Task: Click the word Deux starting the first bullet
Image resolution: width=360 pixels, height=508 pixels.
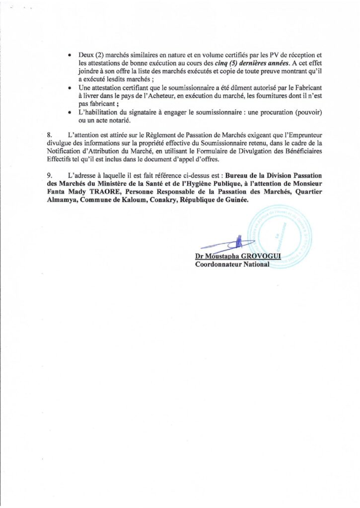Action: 87,54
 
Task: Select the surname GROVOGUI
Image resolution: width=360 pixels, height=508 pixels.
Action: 258,256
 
